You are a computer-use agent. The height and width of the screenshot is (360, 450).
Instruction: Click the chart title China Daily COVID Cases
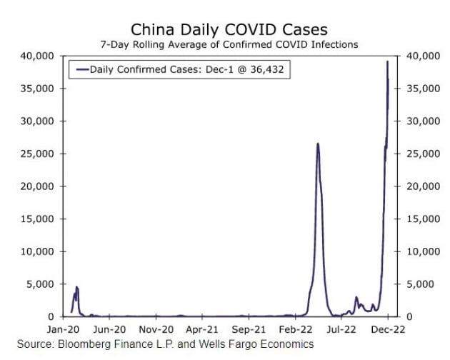pyautogui.click(x=229, y=29)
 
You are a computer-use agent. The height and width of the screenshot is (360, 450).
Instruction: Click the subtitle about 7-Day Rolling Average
pyautogui.click(x=229, y=44)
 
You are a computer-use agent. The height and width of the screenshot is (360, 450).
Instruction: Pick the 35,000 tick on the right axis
pyautogui.click(x=420, y=89)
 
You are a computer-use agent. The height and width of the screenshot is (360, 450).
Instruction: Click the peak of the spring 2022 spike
pyautogui.click(x=317, y=144)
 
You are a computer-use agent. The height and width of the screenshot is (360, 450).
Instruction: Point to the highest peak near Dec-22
pyautogui.click(x=387, y=62)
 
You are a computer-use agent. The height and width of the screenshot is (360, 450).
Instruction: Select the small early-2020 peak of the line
pyautogui.click(x=76, y=287)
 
